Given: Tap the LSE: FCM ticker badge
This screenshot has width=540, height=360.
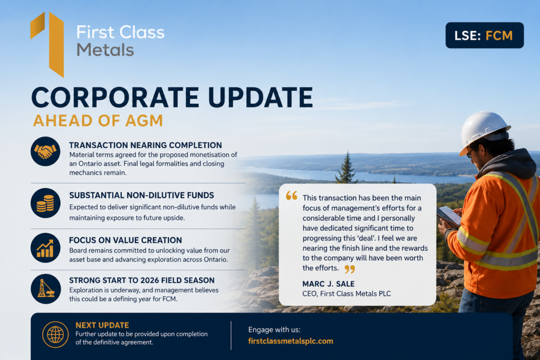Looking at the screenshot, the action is click(485, 35).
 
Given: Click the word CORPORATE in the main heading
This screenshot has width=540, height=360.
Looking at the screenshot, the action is click(115, 97).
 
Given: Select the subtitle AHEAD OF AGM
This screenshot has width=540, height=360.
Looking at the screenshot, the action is click(98, 121).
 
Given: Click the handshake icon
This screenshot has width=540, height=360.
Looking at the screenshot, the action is click(45, 151).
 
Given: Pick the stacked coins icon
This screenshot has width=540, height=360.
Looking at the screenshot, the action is click(45, 203).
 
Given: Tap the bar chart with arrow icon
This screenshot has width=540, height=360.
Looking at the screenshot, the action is click(45, 248).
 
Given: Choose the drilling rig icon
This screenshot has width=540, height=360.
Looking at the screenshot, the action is click(45, 288).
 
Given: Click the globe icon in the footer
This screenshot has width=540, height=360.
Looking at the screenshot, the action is click(55, 334).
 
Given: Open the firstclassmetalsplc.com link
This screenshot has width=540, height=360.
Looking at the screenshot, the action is click(291, 341).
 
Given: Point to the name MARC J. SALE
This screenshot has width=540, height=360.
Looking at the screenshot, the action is click(328, 284).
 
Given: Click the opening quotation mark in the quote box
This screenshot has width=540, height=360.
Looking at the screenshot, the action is click(291, 196).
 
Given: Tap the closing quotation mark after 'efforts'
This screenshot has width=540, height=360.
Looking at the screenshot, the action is click(350, 269).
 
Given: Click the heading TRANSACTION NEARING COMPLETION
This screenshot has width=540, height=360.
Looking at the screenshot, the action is click(146, 145).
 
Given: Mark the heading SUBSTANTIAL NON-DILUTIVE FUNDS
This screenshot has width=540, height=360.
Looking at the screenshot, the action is click(141, 195).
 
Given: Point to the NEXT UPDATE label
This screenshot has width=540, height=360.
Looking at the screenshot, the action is click(102, 325).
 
